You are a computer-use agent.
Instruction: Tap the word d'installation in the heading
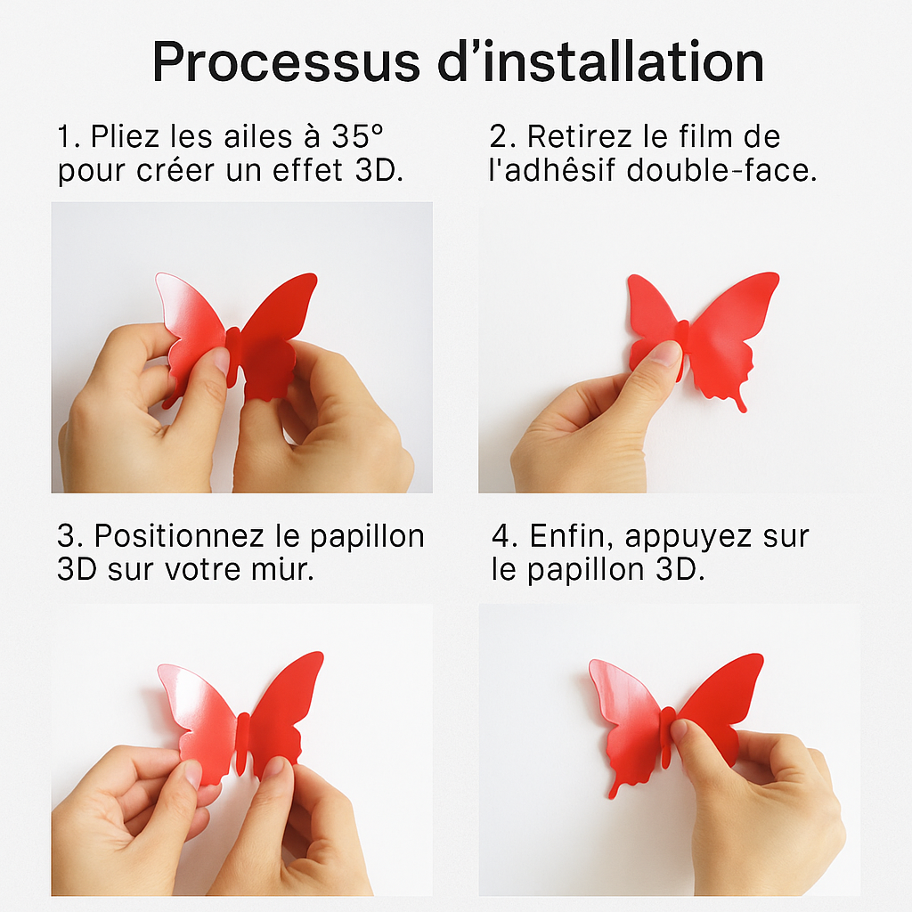pyautogui.click(x=600, y=61)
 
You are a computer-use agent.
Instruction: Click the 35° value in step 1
pyautogui.click(x=358, y=136)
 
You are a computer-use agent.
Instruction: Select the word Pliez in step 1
pyautogui.click(x=125, y=136)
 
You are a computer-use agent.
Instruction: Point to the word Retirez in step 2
pyautogui.click(x=579, y=136)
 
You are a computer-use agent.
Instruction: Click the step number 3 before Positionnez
pyautogui.click(x=67, y=536)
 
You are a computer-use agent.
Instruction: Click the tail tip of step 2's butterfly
pyautogui.click(x=743, y=409)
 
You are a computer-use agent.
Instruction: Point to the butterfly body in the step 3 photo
pyautogui.click(x=242, y=744)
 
